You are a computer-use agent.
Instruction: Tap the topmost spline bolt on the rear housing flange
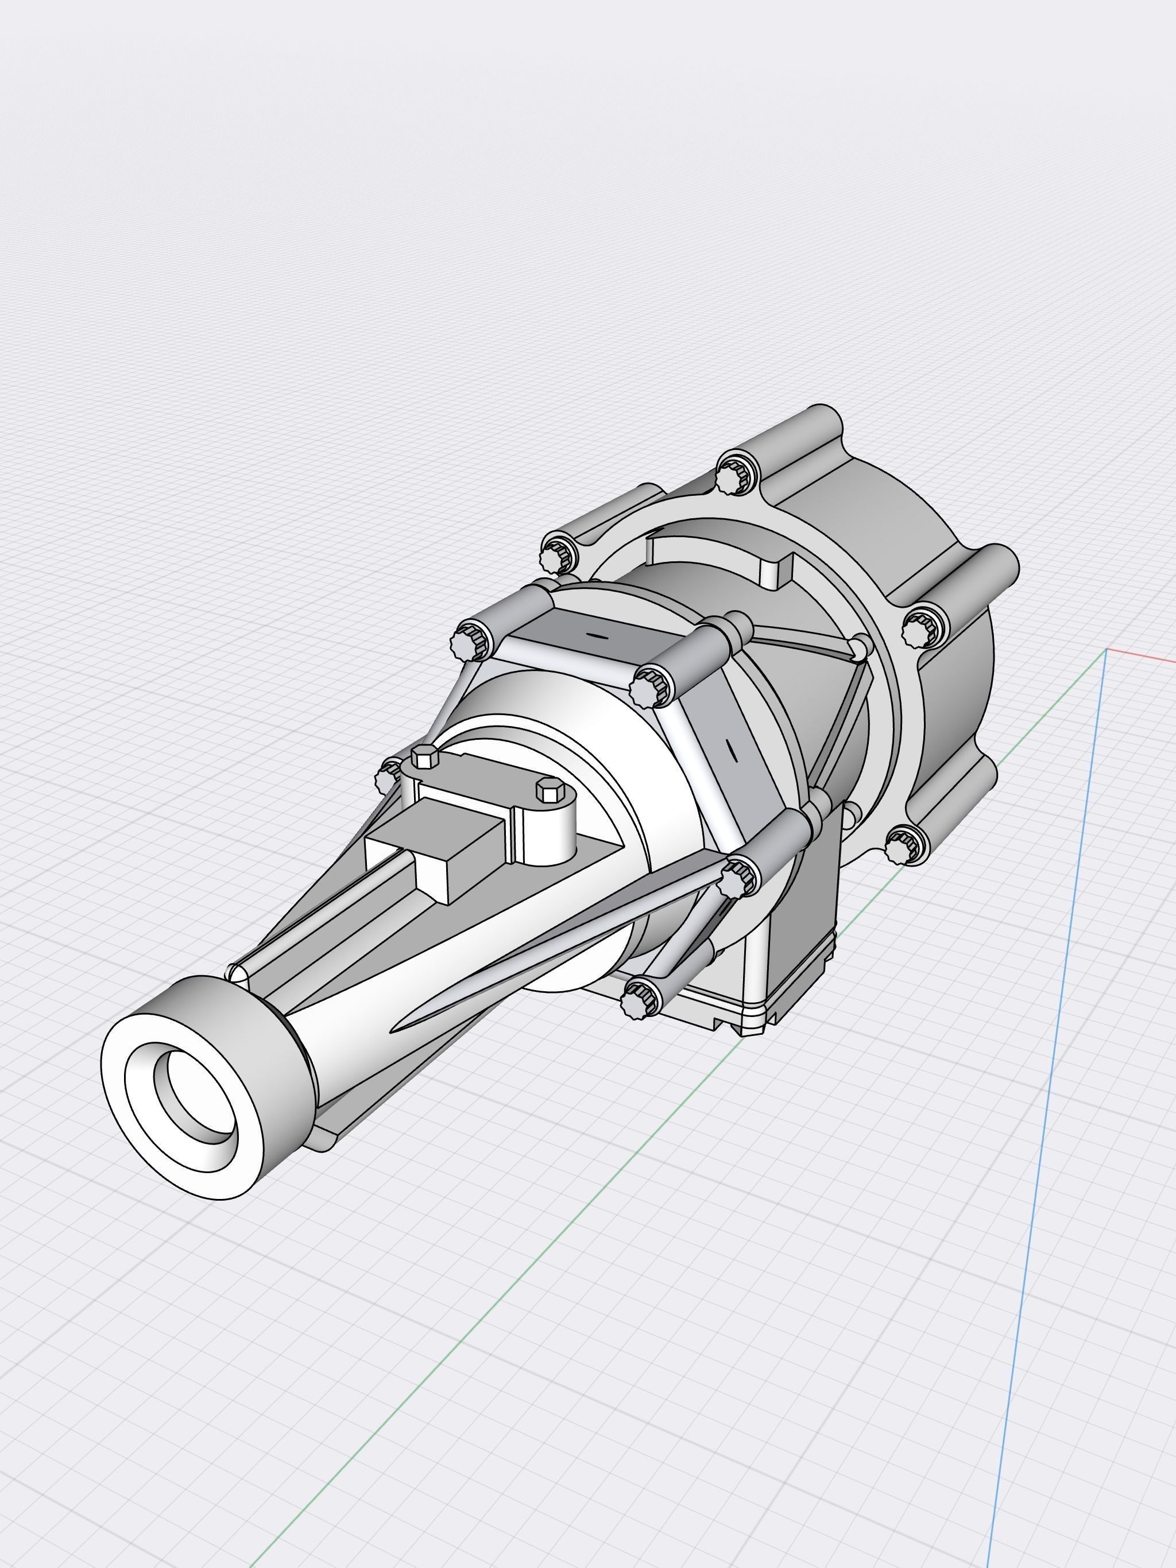click(x=730, y=476)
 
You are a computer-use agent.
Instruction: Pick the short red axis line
click(x=1142, y=655)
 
